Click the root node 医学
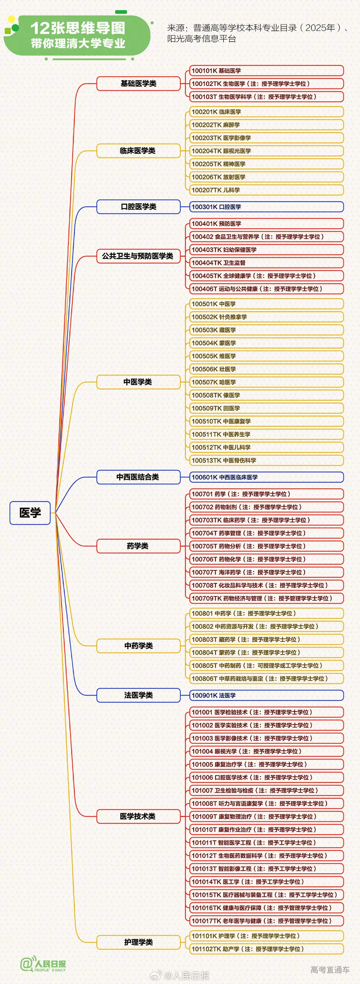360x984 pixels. pyautogui.click(x=30, y=513)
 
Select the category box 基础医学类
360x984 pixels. pyautogui.click(x=138, y=83)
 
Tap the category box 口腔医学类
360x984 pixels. pyautogui.click(x=138, y=207)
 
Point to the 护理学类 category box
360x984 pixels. pyautogui.click(x=138, y=942)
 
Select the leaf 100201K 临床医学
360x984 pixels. pyautogui.click(x=266, y=112)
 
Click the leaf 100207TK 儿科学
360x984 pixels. pyautogui.click(x=266, y=190)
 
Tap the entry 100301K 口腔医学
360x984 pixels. pyautogui.click(x=266, y=207)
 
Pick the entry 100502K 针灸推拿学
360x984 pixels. pyautogui.click(x=266, y=317)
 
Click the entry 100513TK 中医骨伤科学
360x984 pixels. pyautogui.click(x=266, y=460)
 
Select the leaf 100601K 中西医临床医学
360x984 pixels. pyautogui.click(x=266, y=477)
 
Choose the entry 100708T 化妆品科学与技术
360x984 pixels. pyautogui.click(x=266, y=585)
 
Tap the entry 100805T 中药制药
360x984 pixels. pyautogui.click(x=266, y=665)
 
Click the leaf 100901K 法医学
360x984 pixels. pyautogui.click(x=266, y=695)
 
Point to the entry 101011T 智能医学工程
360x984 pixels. pyautogui.click(x=266, y=842)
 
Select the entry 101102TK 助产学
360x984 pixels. pyautogui.click(x=266, y=948)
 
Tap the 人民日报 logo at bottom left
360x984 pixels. pyautogui.click(x=43, y=965)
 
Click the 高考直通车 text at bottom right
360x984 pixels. pyautogui.click(x=330, y=970)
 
